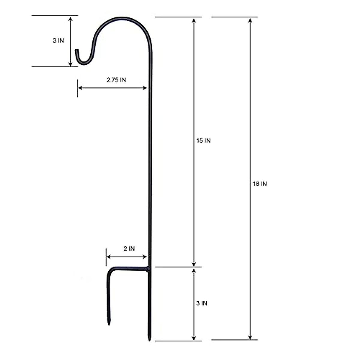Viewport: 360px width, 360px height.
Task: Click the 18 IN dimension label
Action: coord(260,184)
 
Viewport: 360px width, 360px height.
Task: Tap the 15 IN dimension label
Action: coord(203,141)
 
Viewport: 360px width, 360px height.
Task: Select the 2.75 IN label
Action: coord(116,80)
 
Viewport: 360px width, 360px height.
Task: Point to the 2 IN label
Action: coord(129,248)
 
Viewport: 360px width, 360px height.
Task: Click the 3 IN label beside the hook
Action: coord(58,40)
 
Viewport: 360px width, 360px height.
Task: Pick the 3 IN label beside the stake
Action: coord(202,303)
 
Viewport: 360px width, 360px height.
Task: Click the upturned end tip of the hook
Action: coord(76,50)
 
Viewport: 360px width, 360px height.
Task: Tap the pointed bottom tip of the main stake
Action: coord(149,340)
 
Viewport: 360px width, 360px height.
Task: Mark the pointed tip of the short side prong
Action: coord(109,325)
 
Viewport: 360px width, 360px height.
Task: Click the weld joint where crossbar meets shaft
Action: coord(148,269)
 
